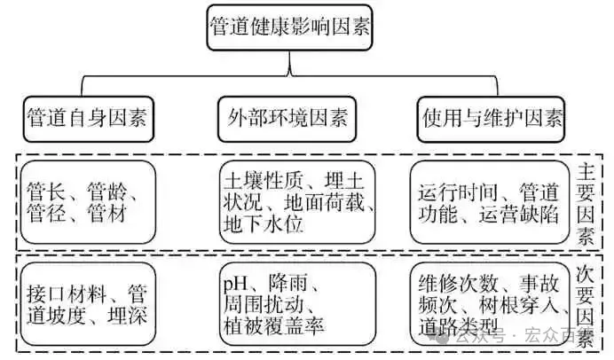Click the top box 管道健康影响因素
[289, 27]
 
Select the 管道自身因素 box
[89, 119]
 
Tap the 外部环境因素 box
[287, 119]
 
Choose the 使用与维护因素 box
[491, 119]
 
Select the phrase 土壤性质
[264, 180]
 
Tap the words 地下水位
[264, 224]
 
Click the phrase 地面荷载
[324, 202]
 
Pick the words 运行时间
[458, 192]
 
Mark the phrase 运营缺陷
[518, 215]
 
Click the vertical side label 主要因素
[586, 204]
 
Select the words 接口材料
[67, 293]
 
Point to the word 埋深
[127, 316]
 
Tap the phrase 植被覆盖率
[273, 325]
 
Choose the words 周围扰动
[264, 304]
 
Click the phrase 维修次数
[458, 284]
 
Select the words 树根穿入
[518, 304]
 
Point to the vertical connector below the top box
[289, 63]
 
